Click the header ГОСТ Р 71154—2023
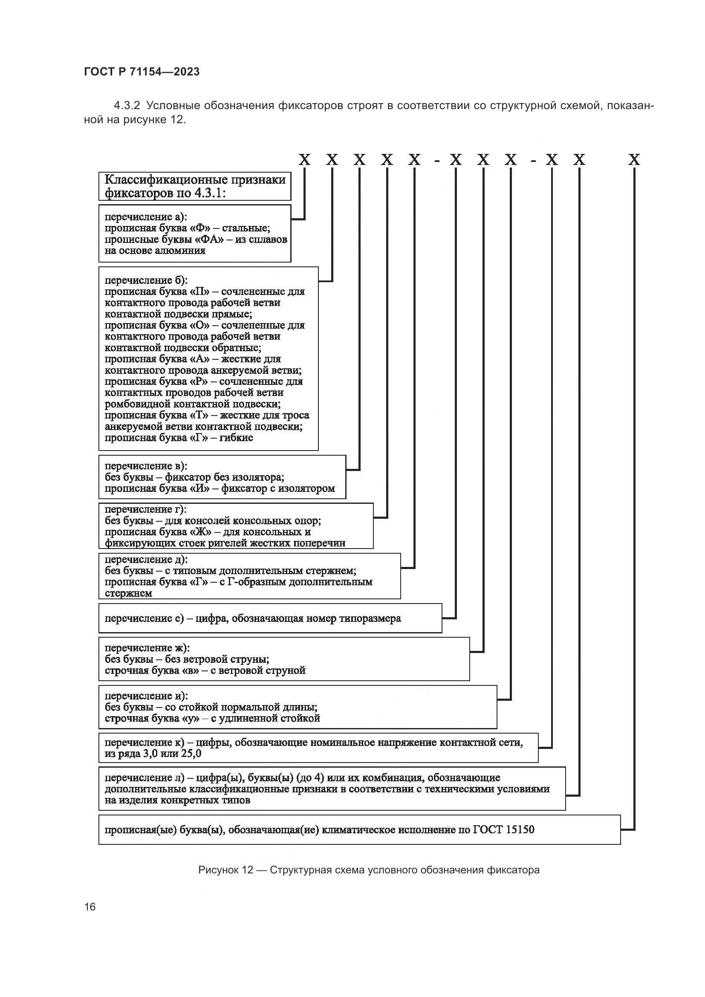pyautogui.click(x=142, y=72)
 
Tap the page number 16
pyautogui.click(x=90, y=907)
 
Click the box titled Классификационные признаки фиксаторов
pyautogui.click(x=194, y=186)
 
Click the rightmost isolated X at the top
pyautogui.click(x=634, y=160)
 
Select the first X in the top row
pyautogui.click(x=305, y=160)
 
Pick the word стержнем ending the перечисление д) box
pyautogui.click(x=128, y=593)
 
